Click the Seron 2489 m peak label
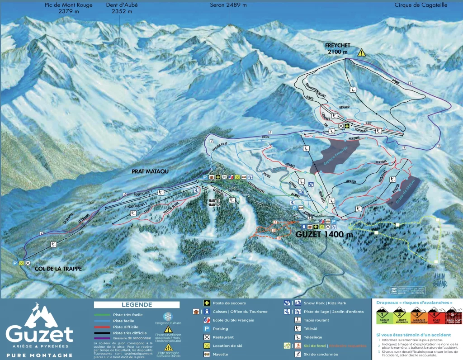click(x=228, y=5)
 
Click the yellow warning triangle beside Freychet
click(x=361, y=52)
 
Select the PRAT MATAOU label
click(x=150, y=172)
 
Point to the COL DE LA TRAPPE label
click(x=58, y=269)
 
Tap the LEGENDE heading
click(x=137, y=305)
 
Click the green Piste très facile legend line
click(x=102, y=314)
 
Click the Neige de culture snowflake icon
click(x=168, y=316)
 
